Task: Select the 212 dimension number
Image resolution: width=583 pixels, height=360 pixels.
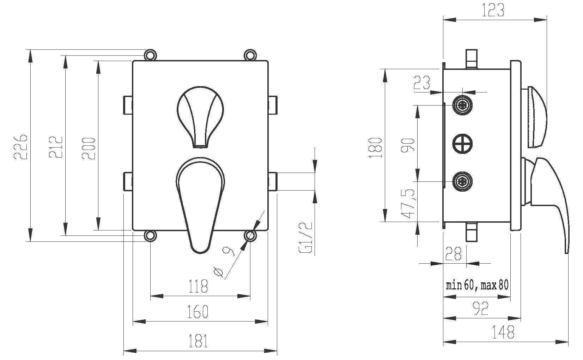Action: click(x=55, y=146)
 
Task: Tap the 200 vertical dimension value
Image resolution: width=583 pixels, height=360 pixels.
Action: click(x=89, y=148)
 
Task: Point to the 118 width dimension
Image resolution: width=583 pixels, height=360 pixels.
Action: click(x=198, y=286)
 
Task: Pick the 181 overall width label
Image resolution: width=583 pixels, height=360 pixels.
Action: click(x=198, y=341)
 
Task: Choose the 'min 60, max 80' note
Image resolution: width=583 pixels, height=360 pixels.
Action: click(x=477, y=285)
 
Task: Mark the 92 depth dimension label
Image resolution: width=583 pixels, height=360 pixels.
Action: click(x=480, y=309)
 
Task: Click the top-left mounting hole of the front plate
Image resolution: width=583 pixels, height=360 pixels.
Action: click(x=150, y=55)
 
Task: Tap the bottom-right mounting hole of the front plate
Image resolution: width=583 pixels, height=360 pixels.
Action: click(x=250, y=235)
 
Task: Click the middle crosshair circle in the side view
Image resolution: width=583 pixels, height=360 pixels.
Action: click(x=462, y=143)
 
